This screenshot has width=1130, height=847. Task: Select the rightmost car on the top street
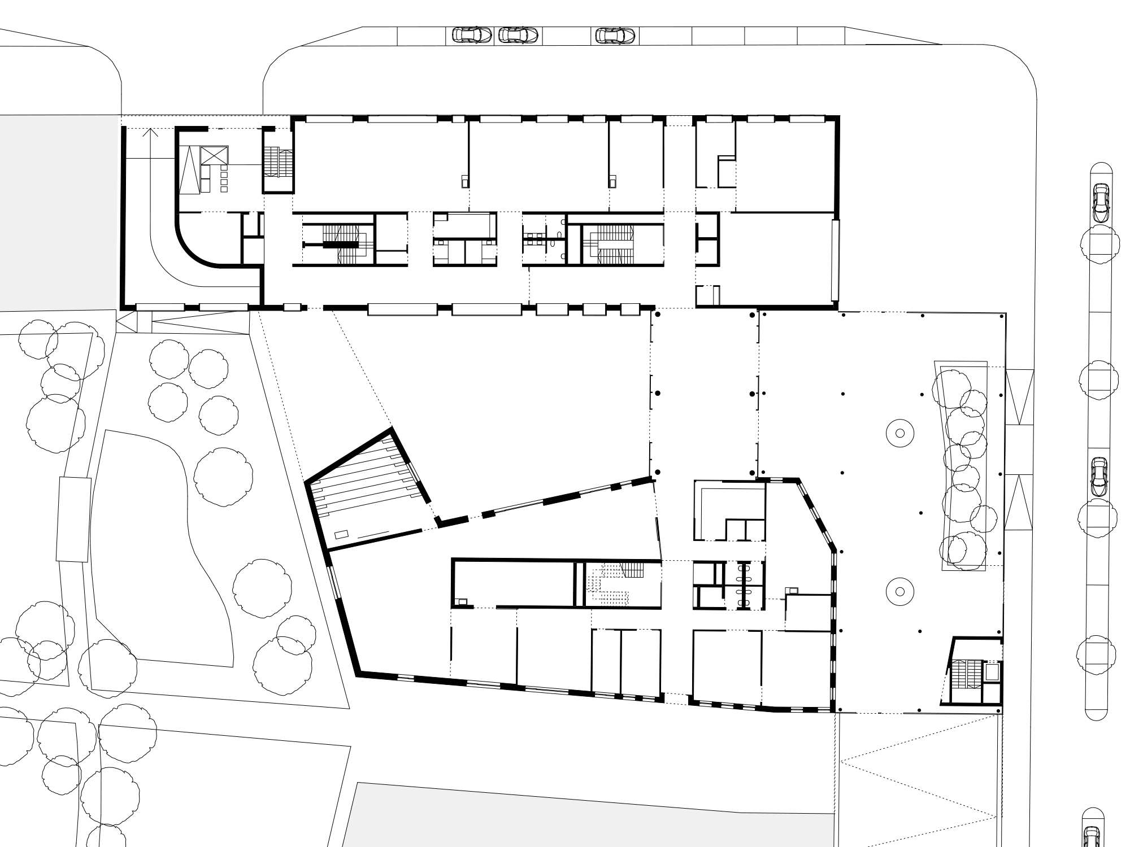tap(616, 36)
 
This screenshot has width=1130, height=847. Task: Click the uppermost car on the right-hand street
tap(1101, 202)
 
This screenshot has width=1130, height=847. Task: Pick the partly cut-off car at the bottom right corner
tap(1092, 839)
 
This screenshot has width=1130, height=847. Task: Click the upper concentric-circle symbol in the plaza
tap(901, 433)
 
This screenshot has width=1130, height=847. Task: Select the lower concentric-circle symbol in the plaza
tap(901, 591)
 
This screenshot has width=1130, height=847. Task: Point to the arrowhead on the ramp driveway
tap(150, 133)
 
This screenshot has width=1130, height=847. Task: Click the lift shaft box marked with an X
tap(215, 155)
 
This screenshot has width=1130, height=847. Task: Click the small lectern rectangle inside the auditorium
tap(341, 534)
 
